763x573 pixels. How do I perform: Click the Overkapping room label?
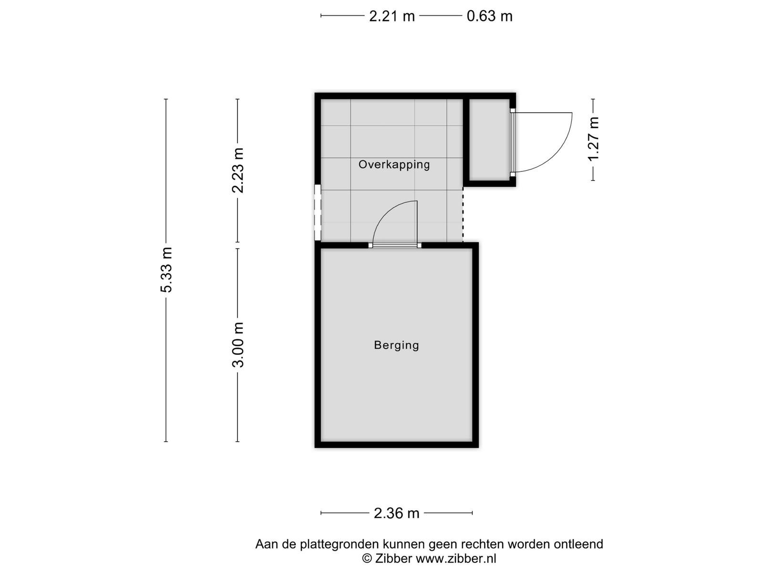point(394,164)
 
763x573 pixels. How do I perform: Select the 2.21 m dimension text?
point(392,16)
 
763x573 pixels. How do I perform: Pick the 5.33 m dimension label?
point(166,270)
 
